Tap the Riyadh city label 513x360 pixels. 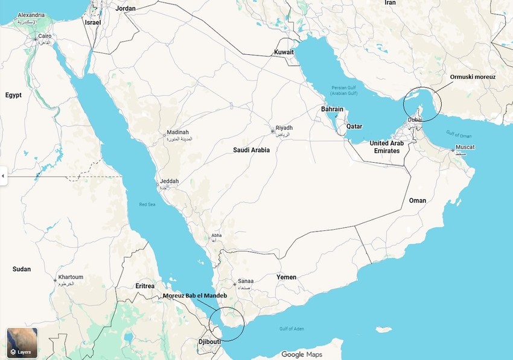pyautogui.click(x=284, y=128)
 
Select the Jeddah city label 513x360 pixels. pyautogui.click(x=169, y=182)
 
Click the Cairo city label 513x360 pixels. pyautogui.click(x=45, y=36)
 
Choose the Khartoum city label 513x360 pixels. pyautogui.click(x=70, y=277)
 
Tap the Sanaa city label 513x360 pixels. pyautogui.click(x=246, y=281)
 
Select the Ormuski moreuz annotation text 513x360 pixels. pyautogui.click(x=473, y=77)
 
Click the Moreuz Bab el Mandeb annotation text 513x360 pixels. pyautogui.click(x=195, y=295)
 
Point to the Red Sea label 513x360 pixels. pyautogui.click(x=147, y=204)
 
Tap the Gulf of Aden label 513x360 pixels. pyautogui.click(x=292, y=329)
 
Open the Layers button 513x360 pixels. pyautogui.click(x=22, y=343)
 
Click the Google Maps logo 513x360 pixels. pyautogui.click(x=302, y=355)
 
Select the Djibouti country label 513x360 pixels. pyautogui.click(x=209, y=342)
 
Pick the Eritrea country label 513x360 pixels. pyautogui.click(x=145, y=286)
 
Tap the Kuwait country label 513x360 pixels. pyautogui.click(x=284, y=52)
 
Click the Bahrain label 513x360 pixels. pyautogui.click(x=332, y=109)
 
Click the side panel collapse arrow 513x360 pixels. pyautogui.click(x=3, y=176)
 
